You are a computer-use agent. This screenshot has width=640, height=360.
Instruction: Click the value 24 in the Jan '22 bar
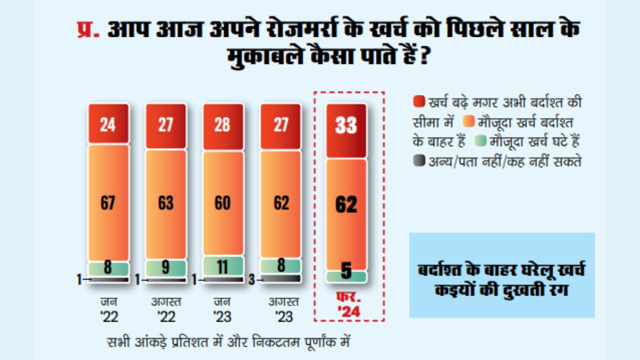click(109, 125)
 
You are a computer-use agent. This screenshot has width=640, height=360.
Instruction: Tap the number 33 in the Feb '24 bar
click(346, 126)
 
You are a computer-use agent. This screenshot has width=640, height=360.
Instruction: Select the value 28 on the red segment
click(222, 125)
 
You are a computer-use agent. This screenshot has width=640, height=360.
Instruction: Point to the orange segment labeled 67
click(109, 203)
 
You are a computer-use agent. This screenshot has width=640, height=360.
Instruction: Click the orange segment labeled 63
click(166, 203)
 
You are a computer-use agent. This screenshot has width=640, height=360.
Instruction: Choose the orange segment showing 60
click(222, 203)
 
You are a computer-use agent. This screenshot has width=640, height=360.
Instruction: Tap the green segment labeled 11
click(222, 266)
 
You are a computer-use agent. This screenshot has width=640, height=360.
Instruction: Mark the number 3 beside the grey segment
click(252, 278)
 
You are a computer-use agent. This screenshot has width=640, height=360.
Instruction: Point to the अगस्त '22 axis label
click(166, 309)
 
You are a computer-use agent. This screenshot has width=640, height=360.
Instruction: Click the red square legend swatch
click(419, 101)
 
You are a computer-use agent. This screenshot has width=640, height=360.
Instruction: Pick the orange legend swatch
click(468, 121)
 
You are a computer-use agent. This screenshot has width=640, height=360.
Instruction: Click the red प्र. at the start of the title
click(86, 30)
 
